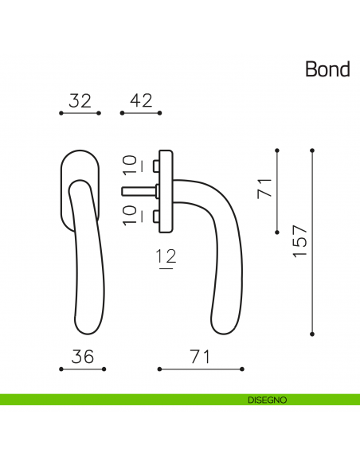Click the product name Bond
click(327, 69)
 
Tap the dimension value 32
click(80, 101)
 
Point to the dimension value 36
click(83, 358)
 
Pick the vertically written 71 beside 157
click(264, 189)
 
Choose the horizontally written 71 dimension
click(200, 358)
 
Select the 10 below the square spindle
click(130, 215)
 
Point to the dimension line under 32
click(80, 113)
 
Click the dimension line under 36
click(83, 369)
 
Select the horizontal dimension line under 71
click(200, 369)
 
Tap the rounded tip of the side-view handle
click(223, 326)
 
